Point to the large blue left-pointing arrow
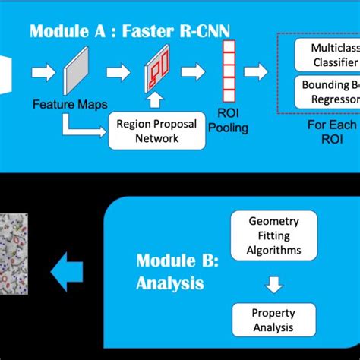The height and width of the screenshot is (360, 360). pyautogui.click(x=67, y=271)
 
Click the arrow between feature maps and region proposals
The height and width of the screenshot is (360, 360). pyautogui.click(x=118, y=73)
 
